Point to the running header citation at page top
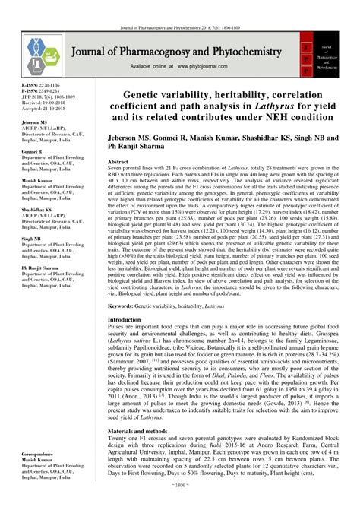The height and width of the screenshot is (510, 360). pyautogui.click(x=180, y=6)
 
